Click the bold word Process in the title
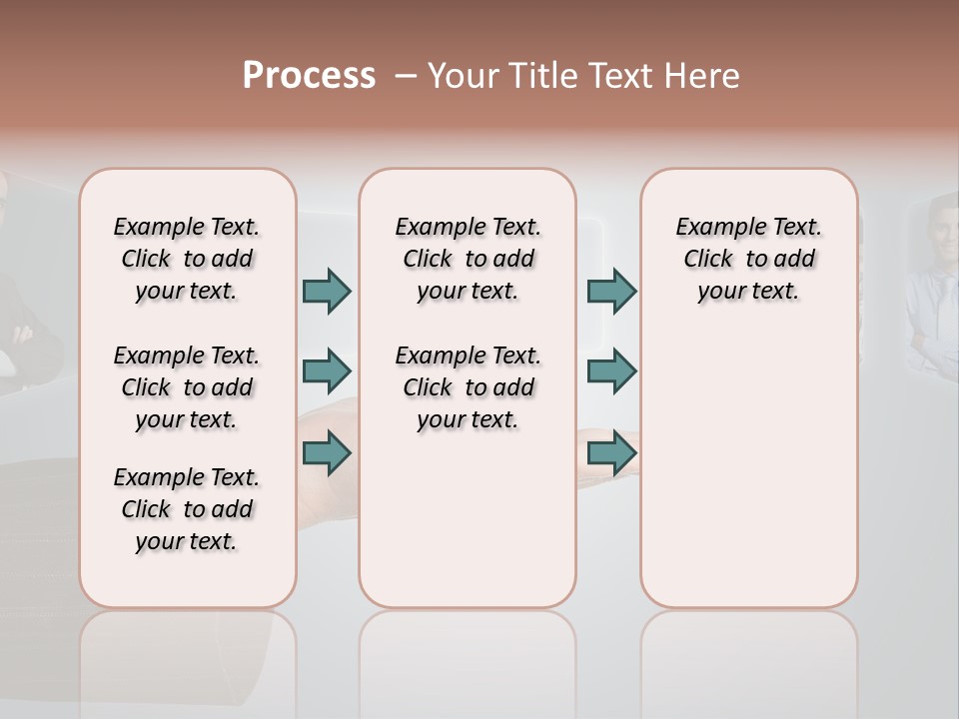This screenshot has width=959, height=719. (x=309, y=75)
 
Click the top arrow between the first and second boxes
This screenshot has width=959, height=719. (x=327, y=291)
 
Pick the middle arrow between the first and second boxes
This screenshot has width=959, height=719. (x=327, y=371)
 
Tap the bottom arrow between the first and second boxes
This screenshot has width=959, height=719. (x=327, y=453)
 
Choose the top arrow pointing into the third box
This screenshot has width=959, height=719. (x=611, y=291)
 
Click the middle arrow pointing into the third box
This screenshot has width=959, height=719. (x=611, y=371)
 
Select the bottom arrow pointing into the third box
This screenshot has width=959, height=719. (x=611, y=453)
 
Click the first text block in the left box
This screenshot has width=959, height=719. (x=187, y=259)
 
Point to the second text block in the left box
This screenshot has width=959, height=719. (x=187, y=387)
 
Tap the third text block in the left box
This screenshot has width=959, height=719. (x=187, y=509)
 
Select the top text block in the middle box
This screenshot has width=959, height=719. (x=469, y=259)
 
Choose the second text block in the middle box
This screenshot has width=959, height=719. (x=469, y=387)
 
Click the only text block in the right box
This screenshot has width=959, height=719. (x=749, y=259)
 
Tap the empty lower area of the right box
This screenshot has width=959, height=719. (x=749, y=469)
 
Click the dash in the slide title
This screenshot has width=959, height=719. (x=404, y=75)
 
